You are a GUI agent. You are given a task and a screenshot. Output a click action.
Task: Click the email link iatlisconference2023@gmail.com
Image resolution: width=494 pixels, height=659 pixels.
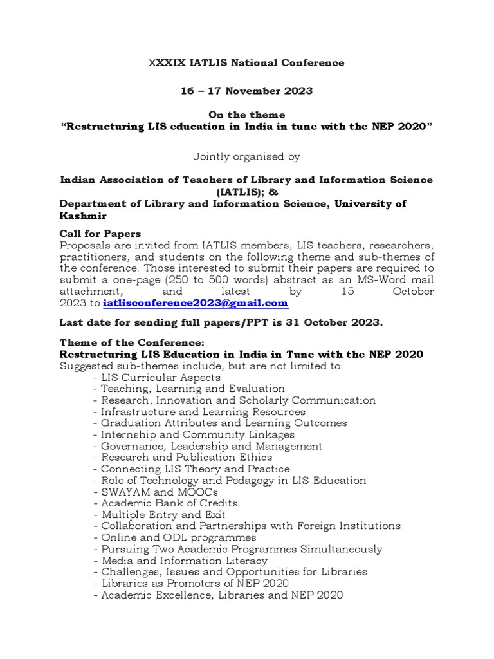click(195, 303)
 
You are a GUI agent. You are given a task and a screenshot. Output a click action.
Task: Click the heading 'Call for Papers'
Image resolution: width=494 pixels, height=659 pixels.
click(100, 233)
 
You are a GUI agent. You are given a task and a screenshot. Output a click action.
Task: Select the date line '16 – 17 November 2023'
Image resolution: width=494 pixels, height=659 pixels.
click(246, 91)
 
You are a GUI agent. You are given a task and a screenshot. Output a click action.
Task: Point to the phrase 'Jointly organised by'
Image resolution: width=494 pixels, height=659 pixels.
click(246, 156)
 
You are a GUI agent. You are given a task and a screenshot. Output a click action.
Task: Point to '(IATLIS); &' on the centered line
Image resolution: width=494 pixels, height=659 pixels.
click(246, 192)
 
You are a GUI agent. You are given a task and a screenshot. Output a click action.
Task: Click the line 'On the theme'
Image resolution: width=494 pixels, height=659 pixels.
click(246, 115)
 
